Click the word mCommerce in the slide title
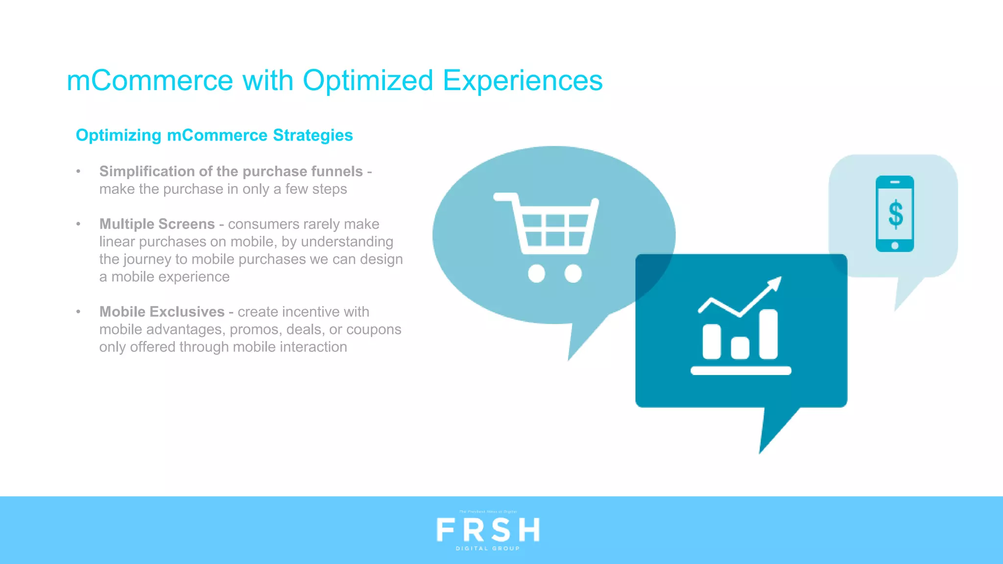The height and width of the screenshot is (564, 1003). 150,81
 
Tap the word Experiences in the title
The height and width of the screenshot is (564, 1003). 523,81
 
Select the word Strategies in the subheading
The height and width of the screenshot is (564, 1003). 312,136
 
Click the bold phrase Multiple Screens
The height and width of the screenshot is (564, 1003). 157,224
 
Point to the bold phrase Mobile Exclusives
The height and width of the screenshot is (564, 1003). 162,312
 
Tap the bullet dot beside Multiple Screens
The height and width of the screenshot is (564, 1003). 78,224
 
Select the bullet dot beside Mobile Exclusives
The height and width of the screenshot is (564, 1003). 78,312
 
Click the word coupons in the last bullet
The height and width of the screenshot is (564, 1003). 374,329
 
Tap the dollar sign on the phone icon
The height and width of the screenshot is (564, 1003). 895,214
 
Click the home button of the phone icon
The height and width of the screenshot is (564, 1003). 895,245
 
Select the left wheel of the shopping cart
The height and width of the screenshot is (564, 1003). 536,273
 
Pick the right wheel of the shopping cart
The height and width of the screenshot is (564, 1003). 573,273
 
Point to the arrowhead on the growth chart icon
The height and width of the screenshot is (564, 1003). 775,283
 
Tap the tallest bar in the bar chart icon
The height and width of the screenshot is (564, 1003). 768,334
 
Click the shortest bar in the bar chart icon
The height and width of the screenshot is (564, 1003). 740,348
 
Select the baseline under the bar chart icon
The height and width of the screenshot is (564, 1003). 740,371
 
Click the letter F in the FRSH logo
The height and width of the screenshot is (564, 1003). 446,530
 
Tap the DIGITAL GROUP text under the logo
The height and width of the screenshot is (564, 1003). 488,549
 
